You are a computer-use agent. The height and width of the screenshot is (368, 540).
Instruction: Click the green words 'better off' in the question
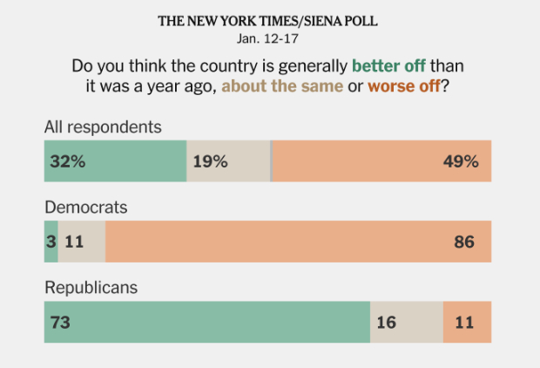tap(388, 66)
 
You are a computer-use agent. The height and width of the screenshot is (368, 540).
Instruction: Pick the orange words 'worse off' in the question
tap(402, 86)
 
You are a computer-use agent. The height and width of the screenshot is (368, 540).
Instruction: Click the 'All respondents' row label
tap(103, 126)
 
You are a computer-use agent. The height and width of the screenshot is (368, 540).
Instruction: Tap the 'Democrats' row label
tap(86, 208)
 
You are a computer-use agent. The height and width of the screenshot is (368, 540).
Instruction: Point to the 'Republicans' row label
tap(92, 287)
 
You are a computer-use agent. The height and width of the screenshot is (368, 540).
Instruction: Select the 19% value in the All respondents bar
tap(210, 161)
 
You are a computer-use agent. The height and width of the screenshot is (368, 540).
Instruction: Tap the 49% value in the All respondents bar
tap(461, 161)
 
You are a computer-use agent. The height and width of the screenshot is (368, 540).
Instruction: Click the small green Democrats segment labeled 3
tap(51, 242)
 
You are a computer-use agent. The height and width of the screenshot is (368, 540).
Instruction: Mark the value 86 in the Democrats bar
tap(463, 242)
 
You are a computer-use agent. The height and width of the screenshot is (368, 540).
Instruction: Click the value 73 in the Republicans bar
tap(60, 322)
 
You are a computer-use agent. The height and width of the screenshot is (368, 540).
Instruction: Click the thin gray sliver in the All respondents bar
tap(271, 161)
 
